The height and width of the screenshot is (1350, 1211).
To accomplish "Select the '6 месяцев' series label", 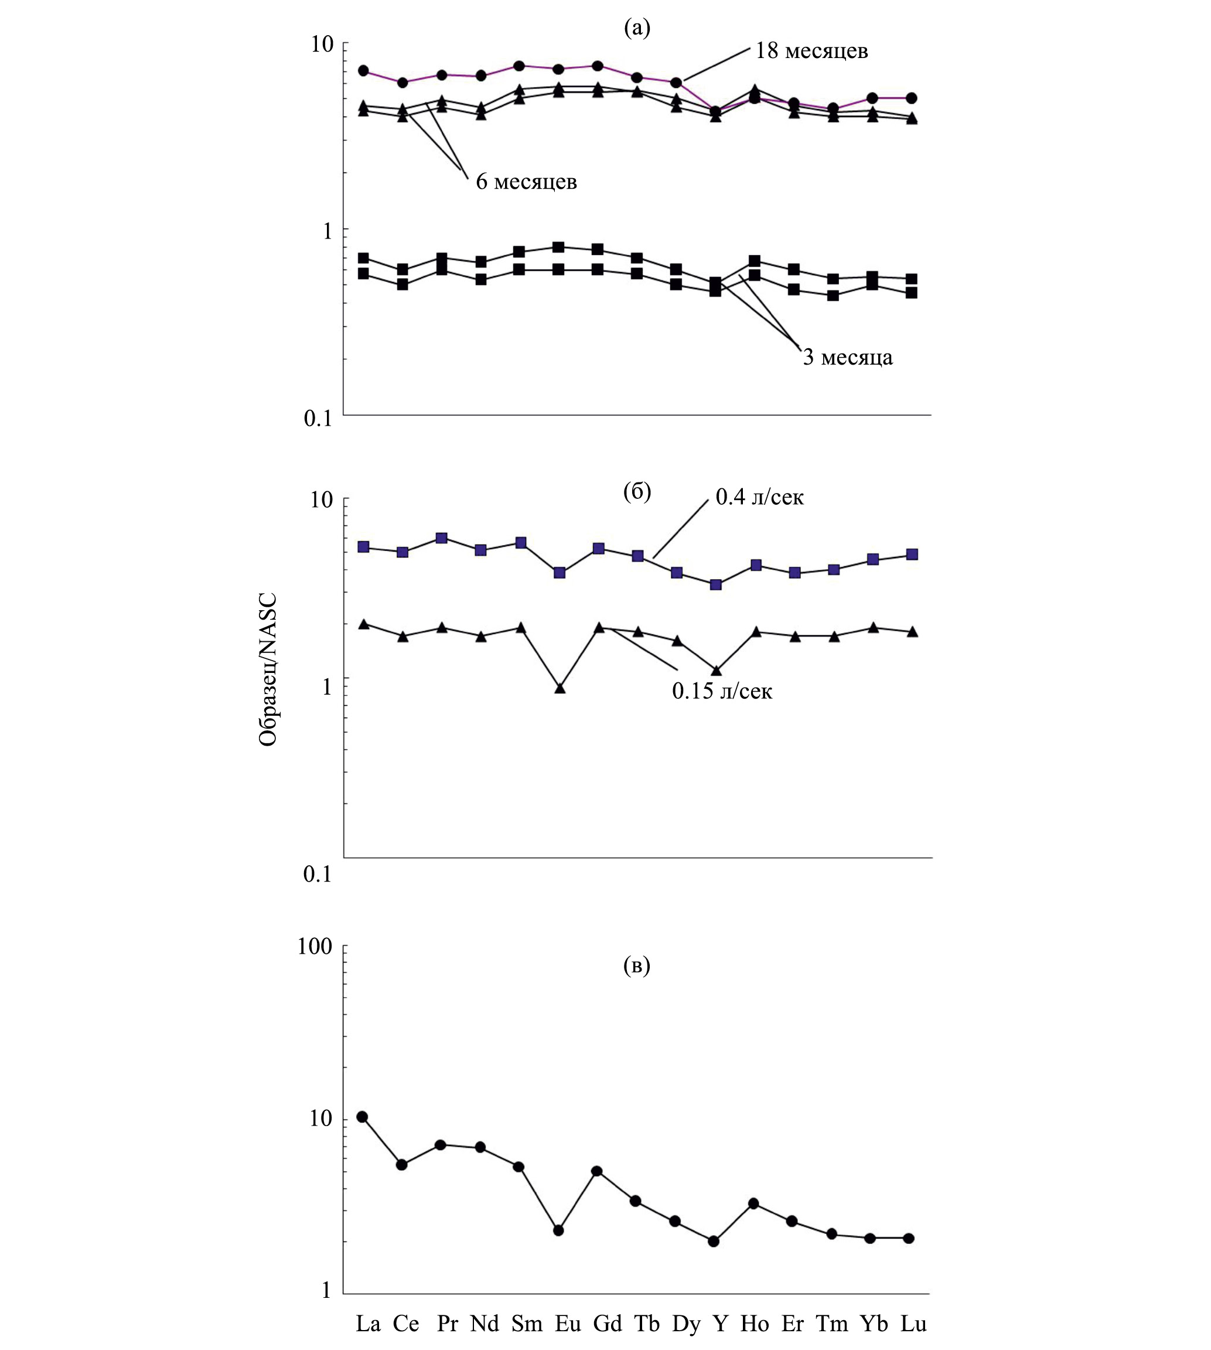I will point(526,182).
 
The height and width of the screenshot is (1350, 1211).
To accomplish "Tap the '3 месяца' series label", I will point(847,358).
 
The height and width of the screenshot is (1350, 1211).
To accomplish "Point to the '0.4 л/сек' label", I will point(759,497).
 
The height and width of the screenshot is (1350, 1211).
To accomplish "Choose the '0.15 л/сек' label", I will point(722,692).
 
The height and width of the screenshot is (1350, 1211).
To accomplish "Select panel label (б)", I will point(637,492).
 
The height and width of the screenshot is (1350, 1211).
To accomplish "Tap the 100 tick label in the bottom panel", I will point(315,947).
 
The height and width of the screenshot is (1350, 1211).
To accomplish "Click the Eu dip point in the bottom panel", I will point(558,1230).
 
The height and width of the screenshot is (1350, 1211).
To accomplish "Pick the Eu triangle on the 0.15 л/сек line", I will point(560,688).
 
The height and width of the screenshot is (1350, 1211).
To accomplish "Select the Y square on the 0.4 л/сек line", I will point(716,584).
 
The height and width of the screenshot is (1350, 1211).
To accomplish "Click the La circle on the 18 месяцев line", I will point(363,70).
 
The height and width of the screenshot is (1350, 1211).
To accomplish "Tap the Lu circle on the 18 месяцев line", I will point(912,98).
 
